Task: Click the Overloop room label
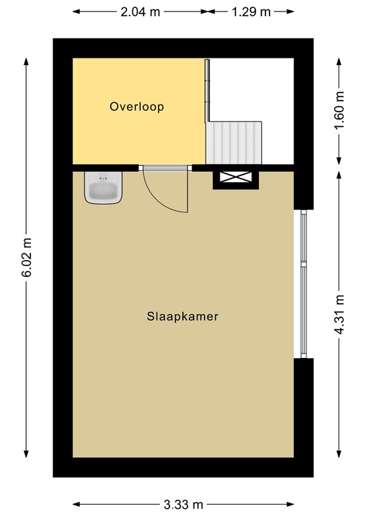tap(137, 106)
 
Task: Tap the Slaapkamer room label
tap(182, 316)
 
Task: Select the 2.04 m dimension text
tap(139, 12)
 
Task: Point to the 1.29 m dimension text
tap(251, 12)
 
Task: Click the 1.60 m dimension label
tap(339, 111)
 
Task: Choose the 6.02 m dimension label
tap(27, 257)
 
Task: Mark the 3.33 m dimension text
tap(184, 504)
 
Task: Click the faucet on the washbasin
tap(104, 179)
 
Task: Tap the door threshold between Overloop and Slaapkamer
tap(165, 168)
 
